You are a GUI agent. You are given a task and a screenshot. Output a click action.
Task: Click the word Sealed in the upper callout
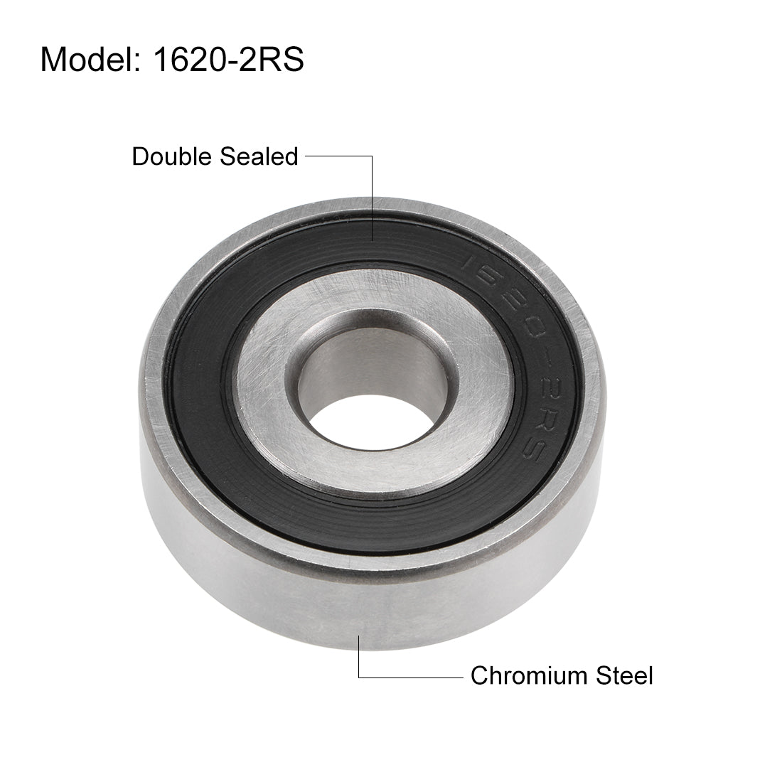coord(259,156)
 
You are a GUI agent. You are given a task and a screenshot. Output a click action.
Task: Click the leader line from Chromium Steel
coord(412,676)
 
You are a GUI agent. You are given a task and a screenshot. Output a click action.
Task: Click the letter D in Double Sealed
coord(141,156)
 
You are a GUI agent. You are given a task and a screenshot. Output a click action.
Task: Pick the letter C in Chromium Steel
coord(478,675)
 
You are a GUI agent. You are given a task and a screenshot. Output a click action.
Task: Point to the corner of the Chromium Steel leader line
coord(360,676)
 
